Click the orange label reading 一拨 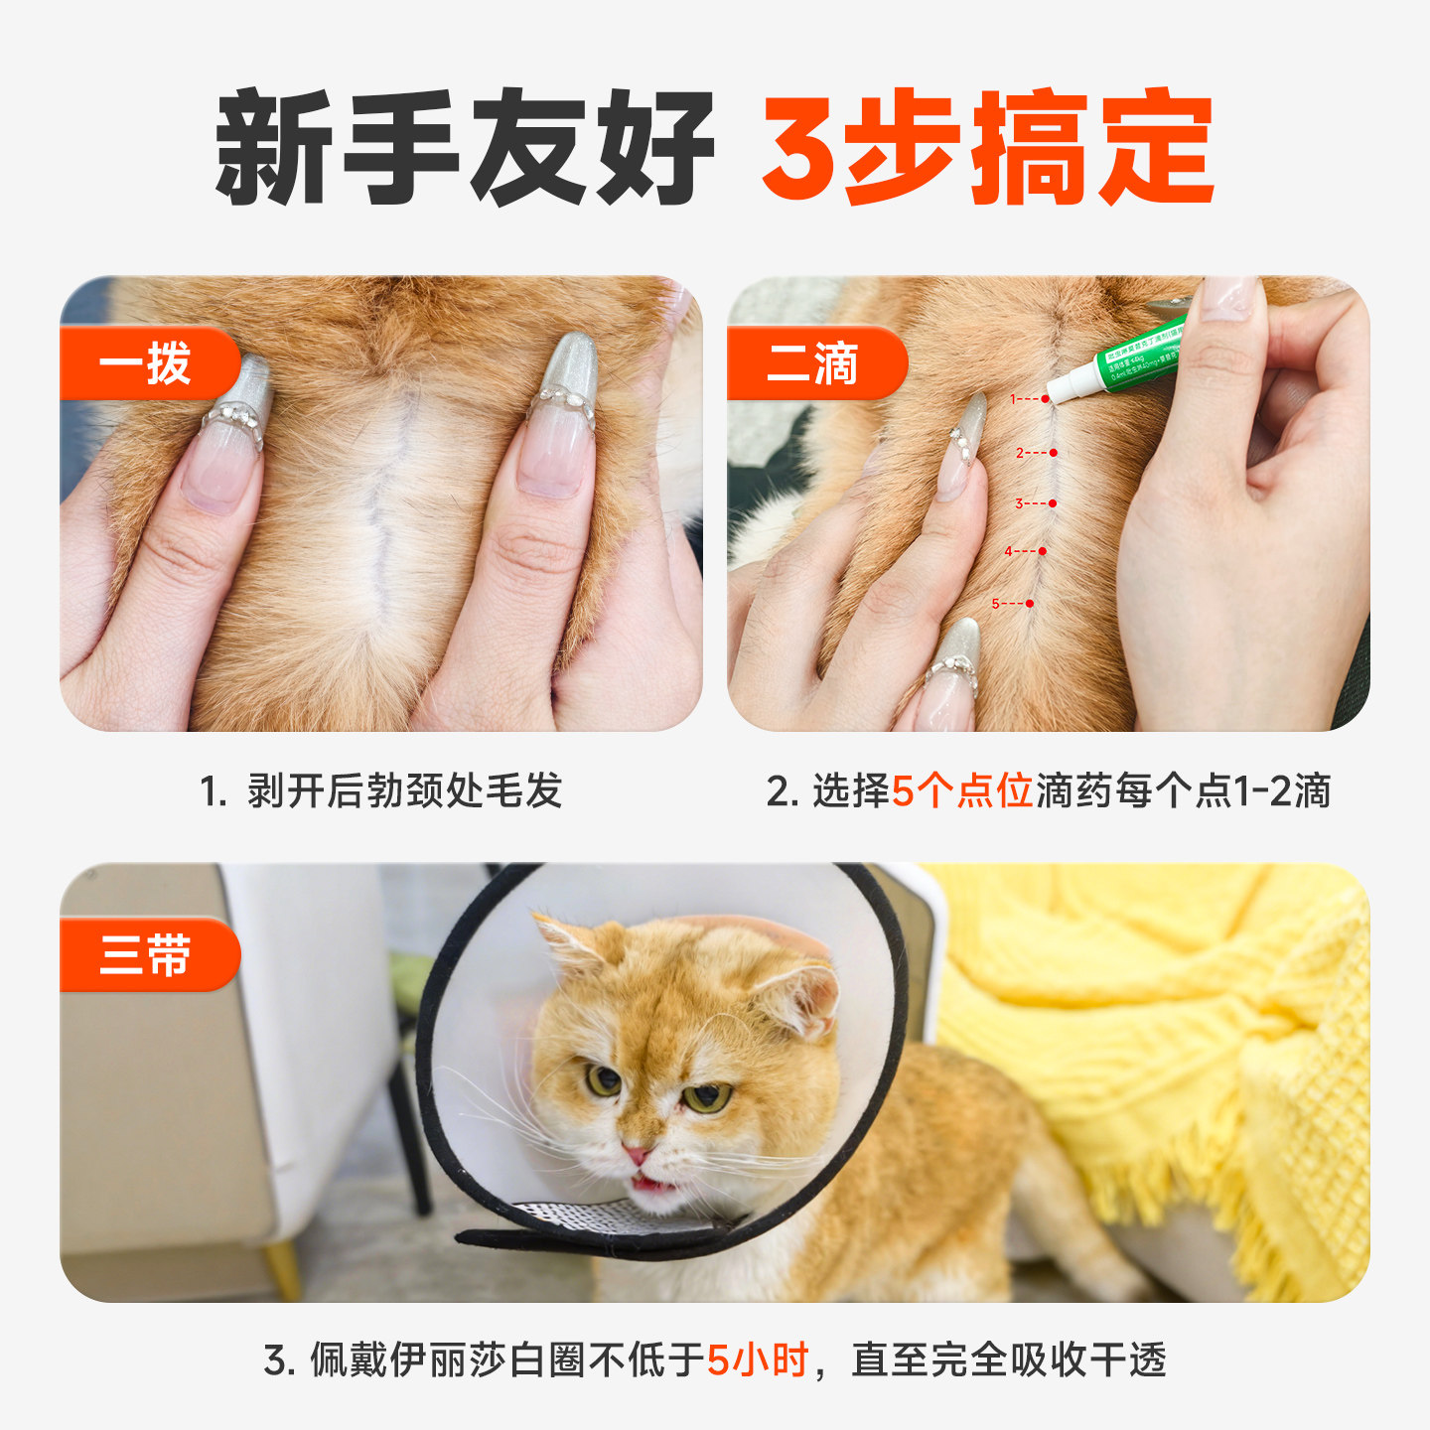click(x=145, y=364)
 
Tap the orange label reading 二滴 click(x=812, y=364)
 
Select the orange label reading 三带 click(x=145, y=956)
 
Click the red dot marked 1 click(x=1045, y=399)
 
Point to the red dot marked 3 click(x=1053, y=503)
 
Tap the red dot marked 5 click(x=1030, y=604)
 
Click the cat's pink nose click(x=636, y=1155)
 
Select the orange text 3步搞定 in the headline click(x=987, y=147)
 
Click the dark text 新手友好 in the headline click(x=465, y=147)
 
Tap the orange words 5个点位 click(x=962, y=791)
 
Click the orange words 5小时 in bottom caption click(x=758, y=1359)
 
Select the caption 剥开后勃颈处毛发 click(x=404, y=791)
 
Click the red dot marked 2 click(x=1053, y=453)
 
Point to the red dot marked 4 click(x=1042, y=551)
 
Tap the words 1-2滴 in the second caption click(x=1281, y=791)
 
